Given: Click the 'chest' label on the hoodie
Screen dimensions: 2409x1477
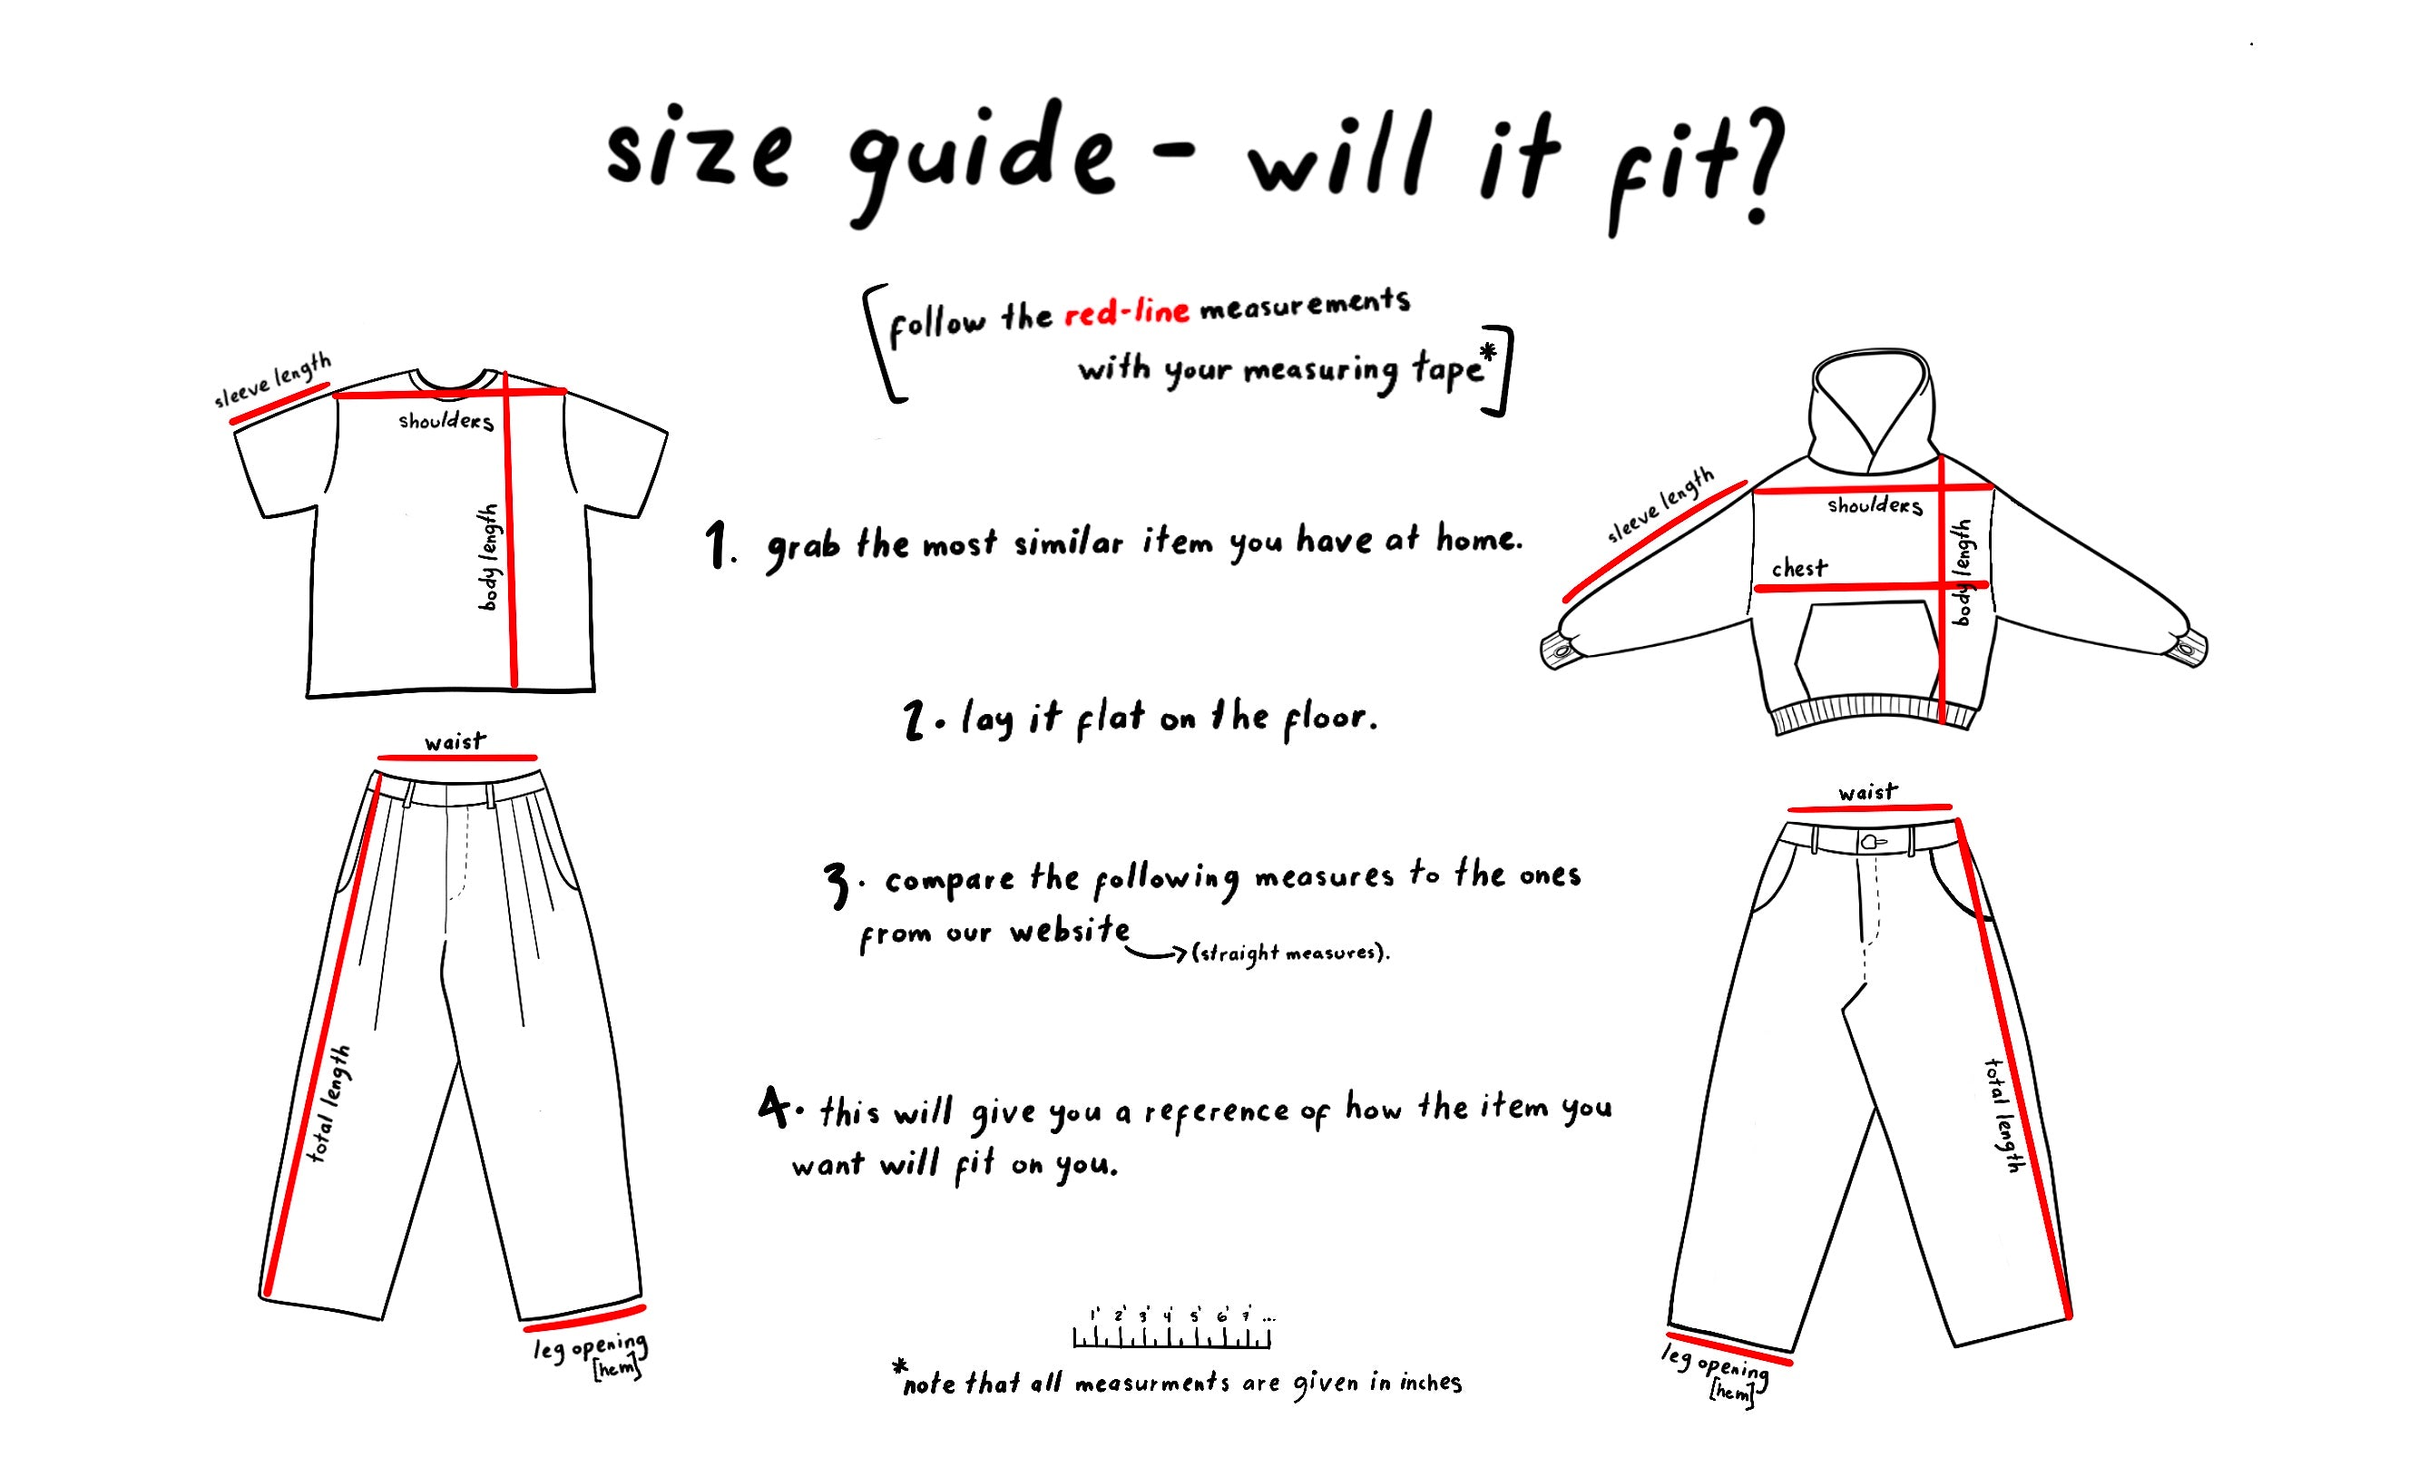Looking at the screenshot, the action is (1800, 568).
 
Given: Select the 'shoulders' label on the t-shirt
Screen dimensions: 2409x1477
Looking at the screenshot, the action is (446, 421).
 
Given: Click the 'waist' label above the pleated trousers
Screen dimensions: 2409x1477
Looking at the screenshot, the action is (455, 741).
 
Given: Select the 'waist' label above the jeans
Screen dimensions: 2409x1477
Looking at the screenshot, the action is (1867, 792).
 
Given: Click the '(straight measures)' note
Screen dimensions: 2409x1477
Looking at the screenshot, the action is (1288, 952).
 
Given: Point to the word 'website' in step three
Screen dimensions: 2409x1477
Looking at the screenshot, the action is (1070, 930).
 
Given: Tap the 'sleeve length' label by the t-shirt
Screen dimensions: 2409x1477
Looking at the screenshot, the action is (273, 381).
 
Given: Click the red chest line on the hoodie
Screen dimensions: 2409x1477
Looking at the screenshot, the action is (1870, 586).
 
